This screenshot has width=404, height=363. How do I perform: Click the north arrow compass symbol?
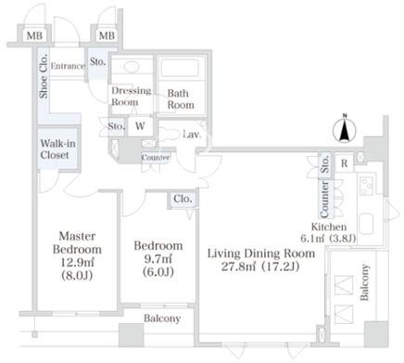(x=345, y=130)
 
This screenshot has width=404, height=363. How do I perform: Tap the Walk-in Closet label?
(x=57, y=149)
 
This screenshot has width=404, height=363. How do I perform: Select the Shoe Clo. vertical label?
(x=44, y=76)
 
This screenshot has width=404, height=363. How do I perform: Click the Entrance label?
(x=68, y=66)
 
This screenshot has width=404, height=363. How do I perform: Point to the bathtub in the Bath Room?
(x=180, y=68)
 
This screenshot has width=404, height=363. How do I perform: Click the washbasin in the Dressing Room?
(x=132, y=66)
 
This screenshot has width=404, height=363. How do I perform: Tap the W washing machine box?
(x=140, y=126)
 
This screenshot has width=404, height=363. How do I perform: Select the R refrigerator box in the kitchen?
(x=344, y=163)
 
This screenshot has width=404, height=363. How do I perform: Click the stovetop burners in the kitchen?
(x=366, y=186)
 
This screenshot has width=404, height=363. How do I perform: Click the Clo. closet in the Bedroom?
(x=183, y=200)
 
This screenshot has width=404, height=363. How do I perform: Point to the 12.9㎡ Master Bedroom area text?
(x=77, y=262)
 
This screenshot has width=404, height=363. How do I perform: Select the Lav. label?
(x=192, y=135)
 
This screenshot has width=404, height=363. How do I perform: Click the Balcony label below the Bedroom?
(x=162, y=318)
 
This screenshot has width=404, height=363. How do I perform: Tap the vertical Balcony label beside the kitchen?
(x=364, y=282)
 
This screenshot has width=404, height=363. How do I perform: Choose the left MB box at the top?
(x=34, y=35)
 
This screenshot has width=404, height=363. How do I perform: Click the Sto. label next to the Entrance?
(x=97, y=62)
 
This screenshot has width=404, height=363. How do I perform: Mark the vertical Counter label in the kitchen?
(x=324, y=200)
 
